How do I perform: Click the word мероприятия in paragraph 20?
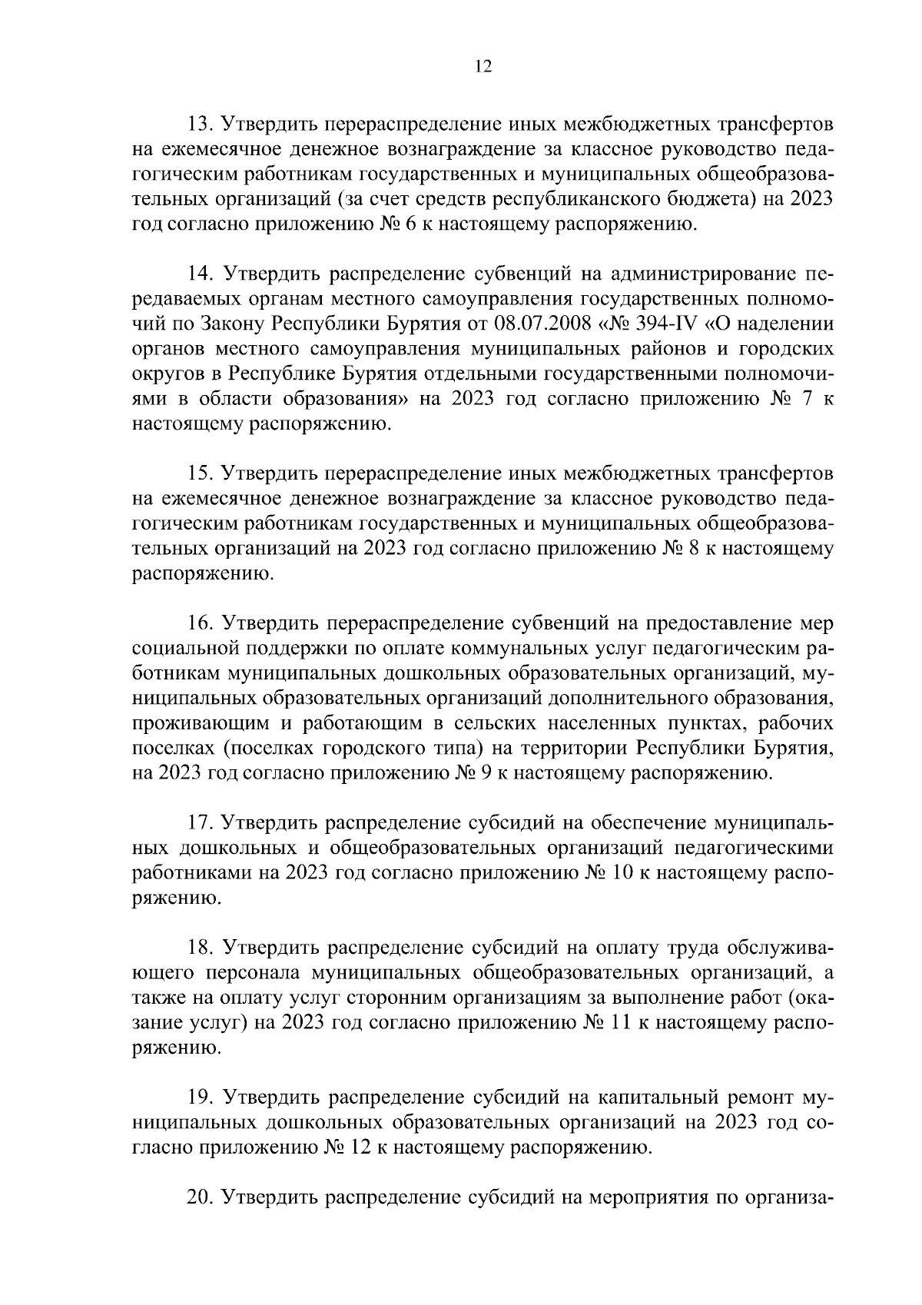[649, 1197]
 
